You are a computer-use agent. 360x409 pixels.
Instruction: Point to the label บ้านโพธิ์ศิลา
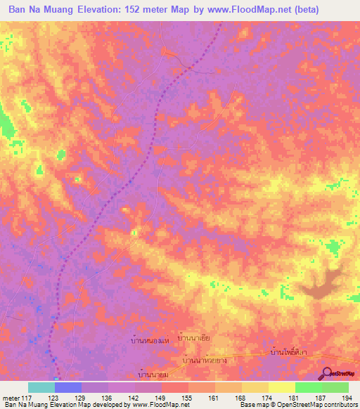pos(290,353)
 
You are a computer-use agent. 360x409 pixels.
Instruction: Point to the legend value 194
pos(348,398)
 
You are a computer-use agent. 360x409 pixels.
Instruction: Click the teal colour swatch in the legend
pos(41,387)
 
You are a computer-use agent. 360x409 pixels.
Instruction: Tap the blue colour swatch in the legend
pos(67,387)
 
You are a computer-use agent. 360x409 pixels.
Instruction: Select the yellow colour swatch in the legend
pos(281,387)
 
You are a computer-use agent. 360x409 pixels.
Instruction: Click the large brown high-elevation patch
pos(320,285)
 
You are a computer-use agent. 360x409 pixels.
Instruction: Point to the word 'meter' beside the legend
pos(11,398)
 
